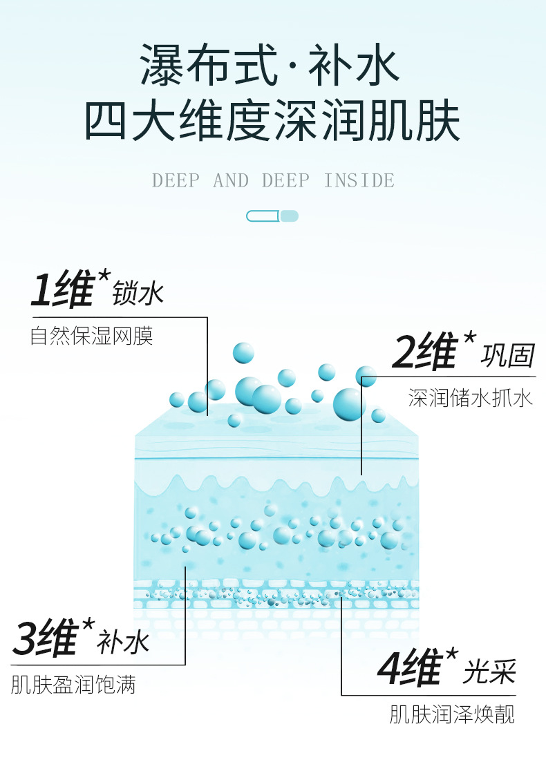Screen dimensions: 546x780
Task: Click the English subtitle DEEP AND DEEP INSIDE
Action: (x=273, y=181)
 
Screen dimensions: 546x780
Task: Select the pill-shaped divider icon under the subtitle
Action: (x=272, y=216)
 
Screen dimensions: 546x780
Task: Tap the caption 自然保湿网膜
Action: (x=91, y=336)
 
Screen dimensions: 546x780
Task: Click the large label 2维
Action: (x=423, y=352)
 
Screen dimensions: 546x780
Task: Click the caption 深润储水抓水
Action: (x=470, y=399)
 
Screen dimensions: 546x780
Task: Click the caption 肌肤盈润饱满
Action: (x=73, y=685)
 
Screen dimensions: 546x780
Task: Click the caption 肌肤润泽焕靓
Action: (x=452, y=714)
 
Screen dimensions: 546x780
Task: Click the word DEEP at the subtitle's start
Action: (x=176, y=181)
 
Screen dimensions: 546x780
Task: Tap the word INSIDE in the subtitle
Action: (x=359, y=181)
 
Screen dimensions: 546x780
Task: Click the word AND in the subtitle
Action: (x=231, y=181)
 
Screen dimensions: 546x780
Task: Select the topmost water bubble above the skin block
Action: (x=243, y=352)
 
